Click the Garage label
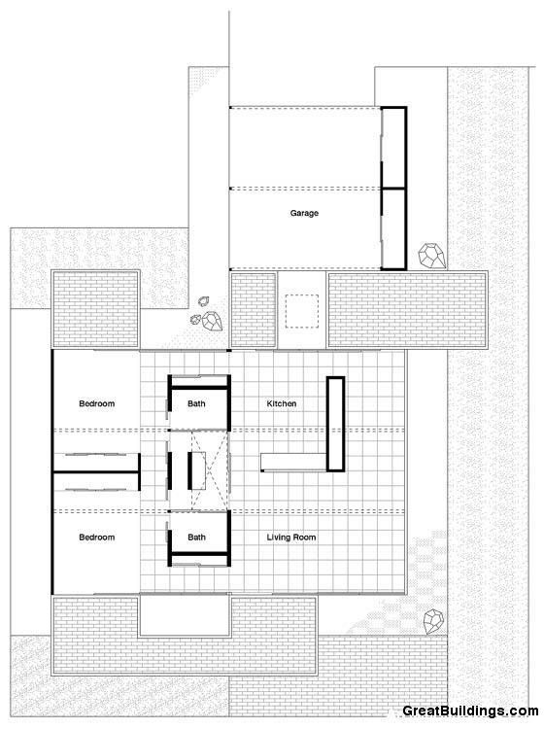tap(304, 213)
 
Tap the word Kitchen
tap(282, 403)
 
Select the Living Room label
tap(291, 538)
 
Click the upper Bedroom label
tap(97, 403)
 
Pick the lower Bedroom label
tap(97, 538)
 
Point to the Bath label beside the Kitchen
tap(197, 403)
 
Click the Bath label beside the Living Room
tap(197, 538)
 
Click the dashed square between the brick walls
tap(303, 310)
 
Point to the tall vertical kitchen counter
tap(336, 422)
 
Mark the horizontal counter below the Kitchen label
tap(295, 462)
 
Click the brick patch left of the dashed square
tap(253, 308)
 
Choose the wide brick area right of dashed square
tap(406, 308)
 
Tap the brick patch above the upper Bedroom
tap(94, 308)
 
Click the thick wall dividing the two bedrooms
tap(95, 473)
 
